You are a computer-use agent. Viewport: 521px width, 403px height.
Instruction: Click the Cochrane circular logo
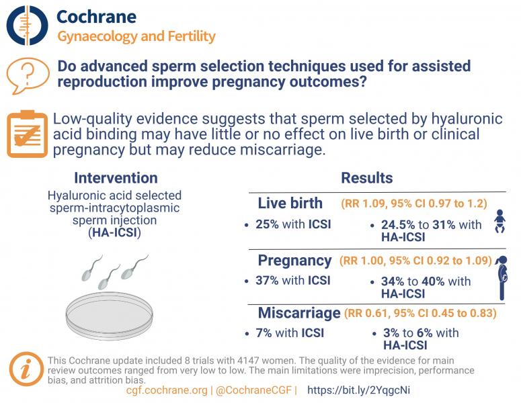(x=27, y=26)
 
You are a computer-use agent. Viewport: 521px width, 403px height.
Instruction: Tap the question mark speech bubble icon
(x=27, y=76)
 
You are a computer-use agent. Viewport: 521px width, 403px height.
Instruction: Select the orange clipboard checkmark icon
(x=26, y=134)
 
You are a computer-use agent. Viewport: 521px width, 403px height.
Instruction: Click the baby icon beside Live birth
(x=499, y=222)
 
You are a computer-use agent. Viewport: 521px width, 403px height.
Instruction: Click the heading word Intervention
(x=116, y=178)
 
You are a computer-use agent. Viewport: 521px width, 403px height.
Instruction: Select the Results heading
(x=366, y=178)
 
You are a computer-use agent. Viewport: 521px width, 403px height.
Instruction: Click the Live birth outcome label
(x=290, y=204)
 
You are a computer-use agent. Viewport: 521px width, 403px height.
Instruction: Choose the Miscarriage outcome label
(x=298, y=313)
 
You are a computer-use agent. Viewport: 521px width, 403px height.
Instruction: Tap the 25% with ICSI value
(x=293, y=224)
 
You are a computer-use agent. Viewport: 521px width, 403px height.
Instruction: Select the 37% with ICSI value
(x=293, y=281)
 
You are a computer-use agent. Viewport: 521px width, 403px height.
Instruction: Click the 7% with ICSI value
(x=290, y=332)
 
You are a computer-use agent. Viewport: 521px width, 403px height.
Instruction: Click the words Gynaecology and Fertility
(x=136, y=36)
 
